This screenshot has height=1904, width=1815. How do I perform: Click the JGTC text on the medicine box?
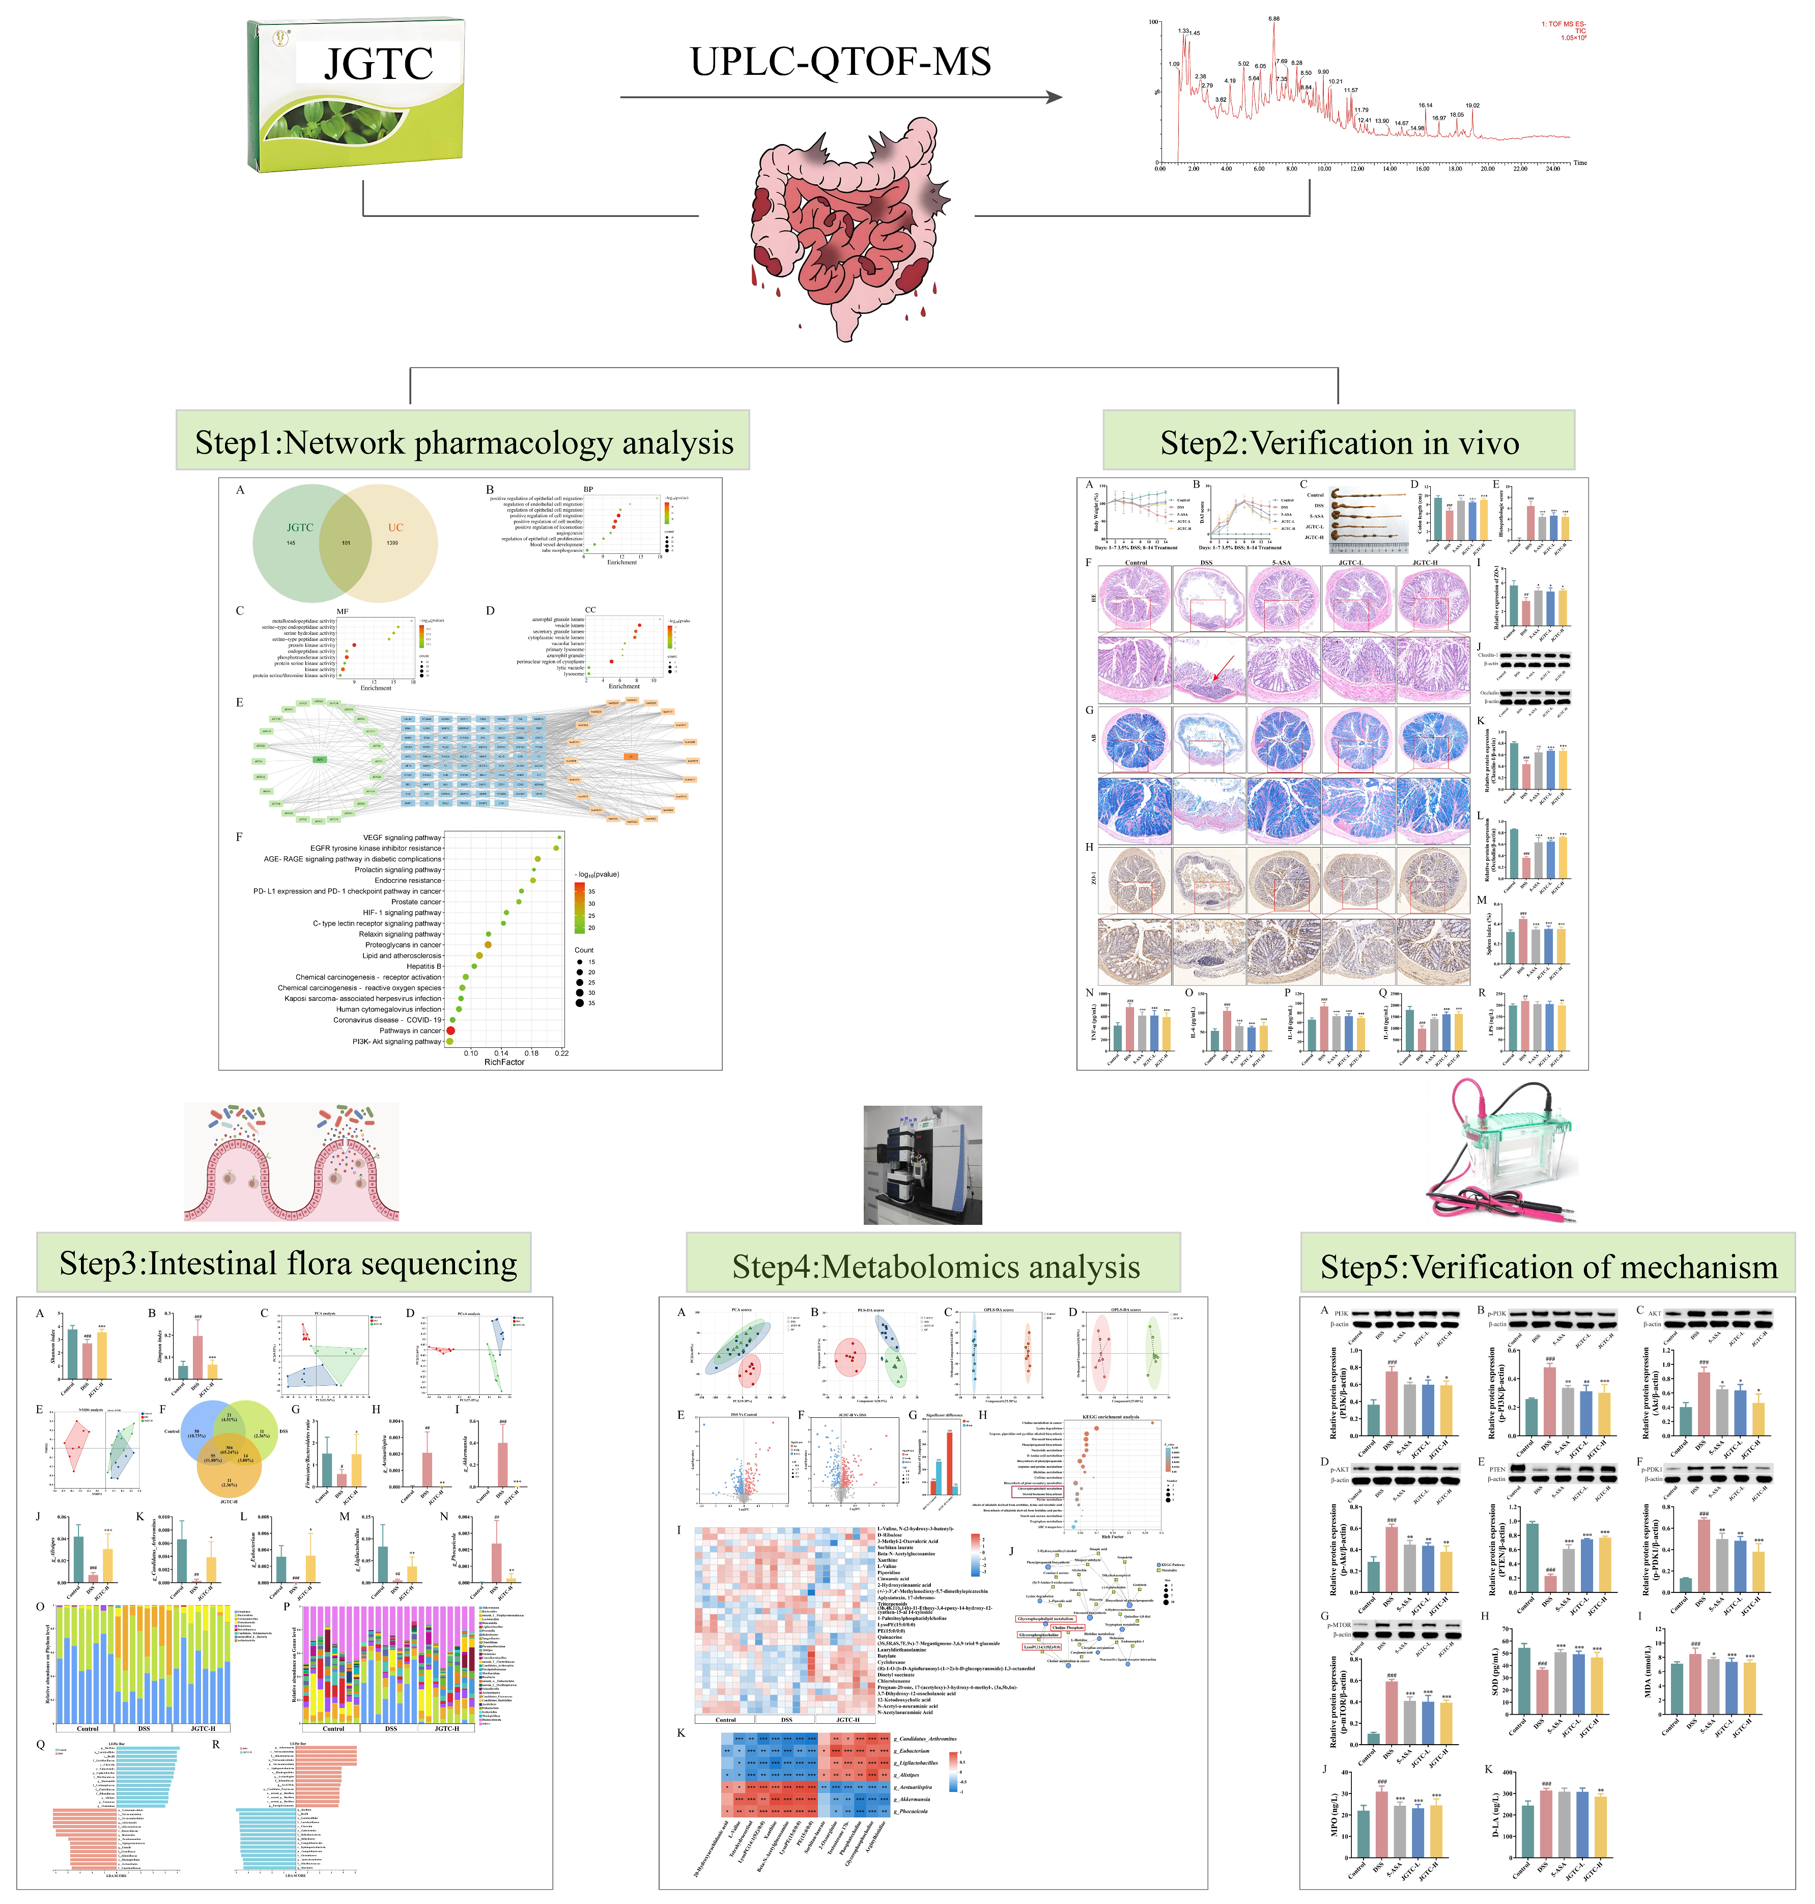378,64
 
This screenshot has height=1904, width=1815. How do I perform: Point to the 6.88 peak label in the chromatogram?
1273,18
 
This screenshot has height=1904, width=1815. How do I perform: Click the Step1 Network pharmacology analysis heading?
464,442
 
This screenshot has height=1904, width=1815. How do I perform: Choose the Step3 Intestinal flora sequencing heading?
288,1264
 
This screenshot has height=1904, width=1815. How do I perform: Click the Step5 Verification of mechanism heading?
1548,1267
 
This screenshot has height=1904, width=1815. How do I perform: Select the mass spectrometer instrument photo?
922,1164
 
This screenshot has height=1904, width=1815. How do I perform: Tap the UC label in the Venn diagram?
395,527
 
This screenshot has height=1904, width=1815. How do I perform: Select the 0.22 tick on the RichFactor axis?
561,1053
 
